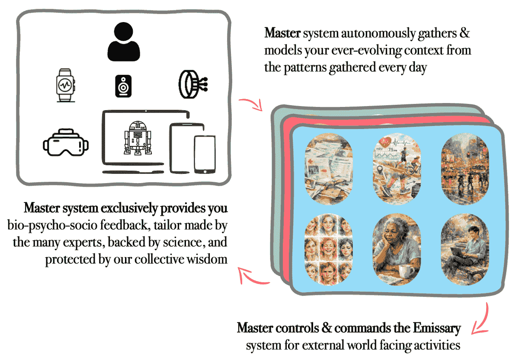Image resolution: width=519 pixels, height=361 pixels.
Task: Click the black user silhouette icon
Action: click(124, 43)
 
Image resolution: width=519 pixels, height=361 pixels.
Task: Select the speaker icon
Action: click(123, 86)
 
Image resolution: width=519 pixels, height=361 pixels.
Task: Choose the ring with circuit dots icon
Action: click(191, 84)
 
